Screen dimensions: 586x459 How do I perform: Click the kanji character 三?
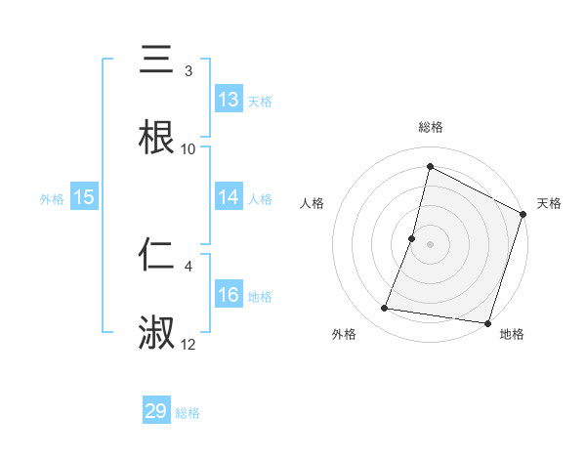156,62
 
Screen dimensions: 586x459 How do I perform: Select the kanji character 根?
156,138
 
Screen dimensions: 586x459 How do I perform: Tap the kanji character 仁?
156,256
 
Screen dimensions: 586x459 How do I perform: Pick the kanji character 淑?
156,333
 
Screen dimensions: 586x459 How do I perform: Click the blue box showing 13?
229,100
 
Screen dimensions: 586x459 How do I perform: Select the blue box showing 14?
229,197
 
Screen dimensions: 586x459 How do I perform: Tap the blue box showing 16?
229,295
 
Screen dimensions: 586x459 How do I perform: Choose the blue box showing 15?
84,197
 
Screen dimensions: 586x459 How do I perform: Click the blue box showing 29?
156,411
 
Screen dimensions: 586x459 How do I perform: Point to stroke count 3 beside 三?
188,71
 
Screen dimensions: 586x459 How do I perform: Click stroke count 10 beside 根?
188,149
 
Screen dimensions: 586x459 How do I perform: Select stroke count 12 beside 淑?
188,344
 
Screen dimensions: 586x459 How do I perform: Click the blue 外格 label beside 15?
52,199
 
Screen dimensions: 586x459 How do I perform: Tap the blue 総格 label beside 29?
188,413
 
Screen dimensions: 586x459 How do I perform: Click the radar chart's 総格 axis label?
430,127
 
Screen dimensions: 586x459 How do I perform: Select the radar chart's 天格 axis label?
549,203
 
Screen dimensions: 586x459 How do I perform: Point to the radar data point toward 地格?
486,322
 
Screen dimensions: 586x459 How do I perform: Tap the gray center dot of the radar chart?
430,244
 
